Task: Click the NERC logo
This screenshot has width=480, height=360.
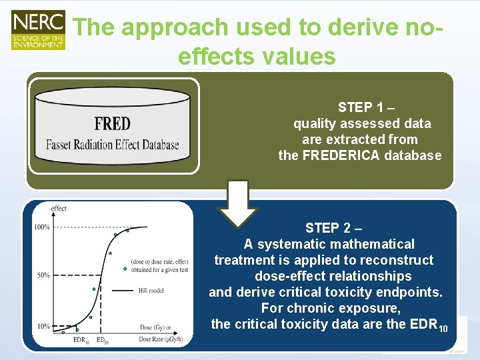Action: pyautogui.click(x=38, y=29)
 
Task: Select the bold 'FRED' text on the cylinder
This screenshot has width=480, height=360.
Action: pyautogui.click(x=112, y=124)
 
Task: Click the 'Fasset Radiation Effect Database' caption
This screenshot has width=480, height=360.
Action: pyautogui.click(x=112, y=144)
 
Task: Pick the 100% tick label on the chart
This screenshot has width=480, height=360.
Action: pyautogui.click(x=42, y=227)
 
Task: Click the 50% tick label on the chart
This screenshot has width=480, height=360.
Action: pyautogui.click(x=43, y=275)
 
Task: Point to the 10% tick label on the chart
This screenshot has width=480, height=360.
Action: pyautogui.click(x=43, y=326)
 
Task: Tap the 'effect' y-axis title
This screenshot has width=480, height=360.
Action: pyautogui.click(x=59, y=209)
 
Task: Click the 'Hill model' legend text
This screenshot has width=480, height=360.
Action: pyautogui.click(x=153, y=290)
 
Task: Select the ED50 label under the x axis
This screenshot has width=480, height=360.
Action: pyautogui.click(x=101, y=340)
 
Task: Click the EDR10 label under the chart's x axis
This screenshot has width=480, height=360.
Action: pyautogui.click(x=81, y=340)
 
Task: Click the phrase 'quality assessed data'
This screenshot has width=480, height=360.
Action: pyautogui.click(x=362, y=123)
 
